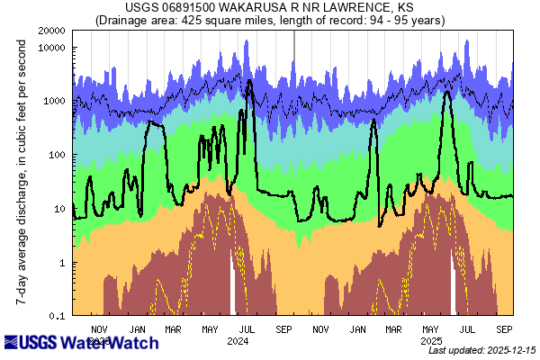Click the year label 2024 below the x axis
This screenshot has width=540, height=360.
pyautogui.click(x=238, y=341)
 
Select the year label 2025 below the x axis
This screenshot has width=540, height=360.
pyautogui.click(x=432, y=341)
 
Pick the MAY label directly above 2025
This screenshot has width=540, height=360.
pyautogui.click(x=432, y=329)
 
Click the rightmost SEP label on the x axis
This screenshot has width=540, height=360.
pyautogui.click(x=505, y=329)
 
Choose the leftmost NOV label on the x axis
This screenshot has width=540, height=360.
pyautogui.click(x=100, y=329)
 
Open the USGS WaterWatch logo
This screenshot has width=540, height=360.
pyautogui.click(x=81, y=343)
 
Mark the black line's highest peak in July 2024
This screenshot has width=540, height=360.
pyautogui.click(x=248, y=81)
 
